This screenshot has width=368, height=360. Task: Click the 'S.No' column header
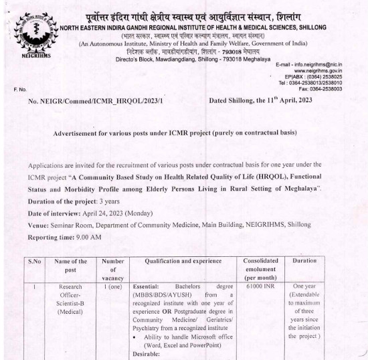tap(38, 261)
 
